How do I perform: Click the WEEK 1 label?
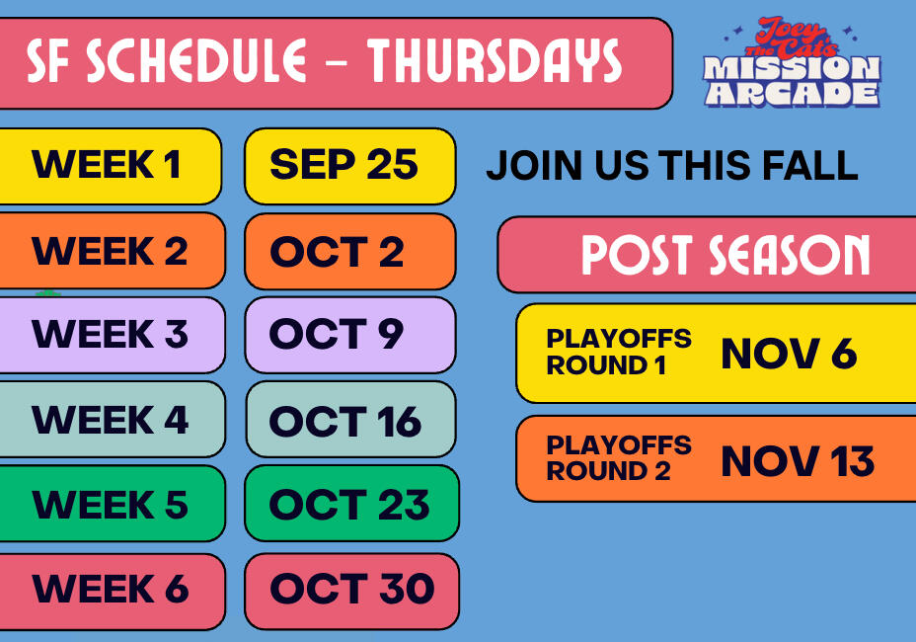pos(107,164)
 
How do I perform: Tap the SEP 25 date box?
pos(350,167)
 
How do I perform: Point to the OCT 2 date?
pos(337,252)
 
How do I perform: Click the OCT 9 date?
pos(336,334)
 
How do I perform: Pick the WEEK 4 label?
pos(110,419)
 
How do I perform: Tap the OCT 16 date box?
pos(350,419)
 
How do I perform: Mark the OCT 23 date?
pos(349,505)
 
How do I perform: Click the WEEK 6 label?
pos(111,589)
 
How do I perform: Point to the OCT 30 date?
pos(352,589)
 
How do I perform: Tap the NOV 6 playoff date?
pos(790,354)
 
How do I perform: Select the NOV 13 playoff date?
pos(798,460)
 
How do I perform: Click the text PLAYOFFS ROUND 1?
pos(619,352)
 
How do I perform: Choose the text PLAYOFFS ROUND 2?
pos(619,458)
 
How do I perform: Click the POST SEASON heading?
pos(725,255)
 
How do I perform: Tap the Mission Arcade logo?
pos(793,62)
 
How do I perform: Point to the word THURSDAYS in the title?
pos(495,60)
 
